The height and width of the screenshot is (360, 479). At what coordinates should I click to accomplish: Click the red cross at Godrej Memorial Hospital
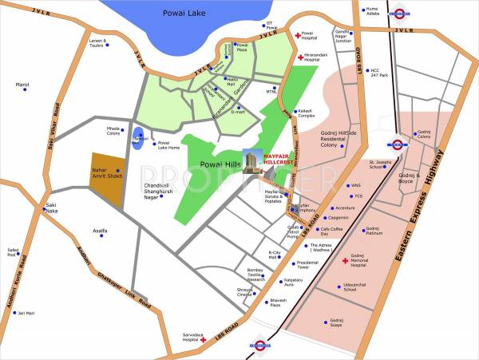(x=345, y=261)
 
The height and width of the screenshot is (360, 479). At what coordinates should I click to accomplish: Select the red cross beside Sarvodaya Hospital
(x=204, y=340)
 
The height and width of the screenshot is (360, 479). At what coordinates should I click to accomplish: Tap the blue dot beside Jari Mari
(x=14, y=313)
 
